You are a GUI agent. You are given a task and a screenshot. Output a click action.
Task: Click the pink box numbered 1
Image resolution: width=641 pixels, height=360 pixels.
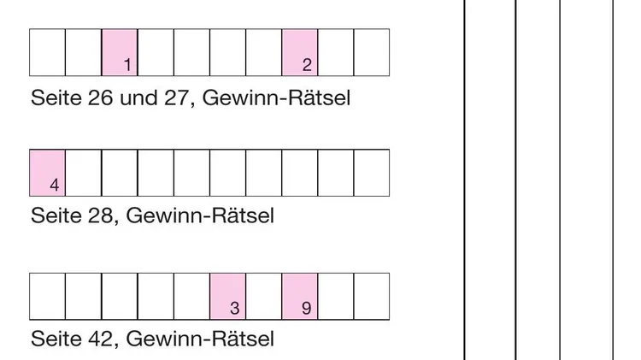point(120,52)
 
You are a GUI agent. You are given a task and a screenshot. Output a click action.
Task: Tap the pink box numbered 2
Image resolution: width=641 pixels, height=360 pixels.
point(300,52)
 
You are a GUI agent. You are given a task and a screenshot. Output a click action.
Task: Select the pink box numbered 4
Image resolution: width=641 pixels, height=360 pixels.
point(48,173)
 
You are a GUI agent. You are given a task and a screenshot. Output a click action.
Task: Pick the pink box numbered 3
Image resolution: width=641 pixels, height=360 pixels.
point(228,297)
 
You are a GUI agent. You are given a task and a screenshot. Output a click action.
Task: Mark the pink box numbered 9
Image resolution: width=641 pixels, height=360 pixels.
point(300,297)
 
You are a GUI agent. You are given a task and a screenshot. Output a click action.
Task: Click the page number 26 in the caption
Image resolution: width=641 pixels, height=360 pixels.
point(101,97)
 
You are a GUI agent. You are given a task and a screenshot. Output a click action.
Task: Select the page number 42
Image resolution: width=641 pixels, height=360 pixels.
point(101,339)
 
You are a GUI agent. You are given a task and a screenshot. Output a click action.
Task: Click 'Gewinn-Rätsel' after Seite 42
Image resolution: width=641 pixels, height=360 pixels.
point(200,339)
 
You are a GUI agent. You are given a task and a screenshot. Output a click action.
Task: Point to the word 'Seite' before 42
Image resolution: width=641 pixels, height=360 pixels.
point(56,339)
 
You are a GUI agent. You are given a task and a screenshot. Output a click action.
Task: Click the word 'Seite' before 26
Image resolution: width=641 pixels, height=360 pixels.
point(56,97)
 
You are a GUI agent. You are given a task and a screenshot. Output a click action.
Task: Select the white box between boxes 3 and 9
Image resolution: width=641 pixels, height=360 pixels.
point(264,297)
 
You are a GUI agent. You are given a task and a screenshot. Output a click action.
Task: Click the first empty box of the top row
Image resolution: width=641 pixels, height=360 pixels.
point(48,52)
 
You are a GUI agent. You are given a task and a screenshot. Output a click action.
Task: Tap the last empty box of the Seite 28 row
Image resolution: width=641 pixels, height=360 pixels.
point(372,173)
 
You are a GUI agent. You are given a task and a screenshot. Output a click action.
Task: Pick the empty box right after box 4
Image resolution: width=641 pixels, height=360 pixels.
point(84,173)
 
